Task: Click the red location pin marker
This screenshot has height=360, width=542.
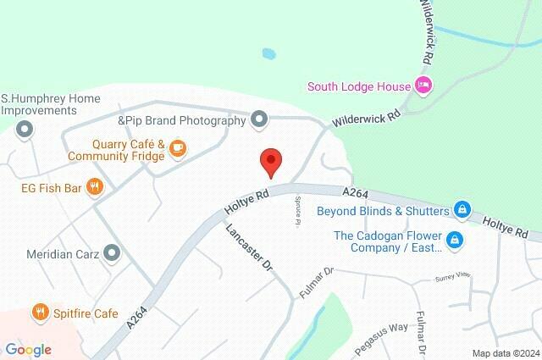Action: (270, 161)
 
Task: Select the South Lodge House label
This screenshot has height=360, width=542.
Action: (357, 86)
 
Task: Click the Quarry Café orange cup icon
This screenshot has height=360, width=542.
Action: (178, 148)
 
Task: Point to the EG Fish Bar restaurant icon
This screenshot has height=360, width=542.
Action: (95, 187)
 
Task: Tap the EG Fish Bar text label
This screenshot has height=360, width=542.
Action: (51, 187)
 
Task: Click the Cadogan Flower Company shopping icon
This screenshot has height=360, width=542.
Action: (454, 241)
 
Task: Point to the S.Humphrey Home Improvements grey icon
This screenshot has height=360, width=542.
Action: (25, 130)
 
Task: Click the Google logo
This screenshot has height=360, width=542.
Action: (28, 350)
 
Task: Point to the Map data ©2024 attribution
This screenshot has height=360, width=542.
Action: (506, 352)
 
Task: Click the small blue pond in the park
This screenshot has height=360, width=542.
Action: (268, 53)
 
